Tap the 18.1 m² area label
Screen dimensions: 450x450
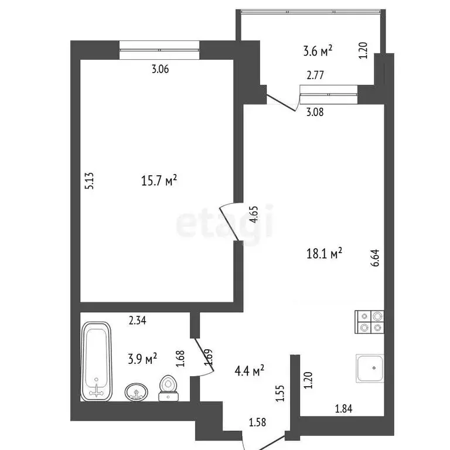pyautogui.click(x=325, y=253)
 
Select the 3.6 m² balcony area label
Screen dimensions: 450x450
pyautogui.click(x=318, y=52)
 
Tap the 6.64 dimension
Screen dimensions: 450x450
pyautogui.click(x=375, y=259)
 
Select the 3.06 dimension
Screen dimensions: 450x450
pyautogui.click(x=160, y=69)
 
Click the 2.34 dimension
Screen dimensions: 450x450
pyautogui.click(x=138, y=319)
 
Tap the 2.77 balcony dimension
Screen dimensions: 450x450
pyautogui.click(x=315, y=75)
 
